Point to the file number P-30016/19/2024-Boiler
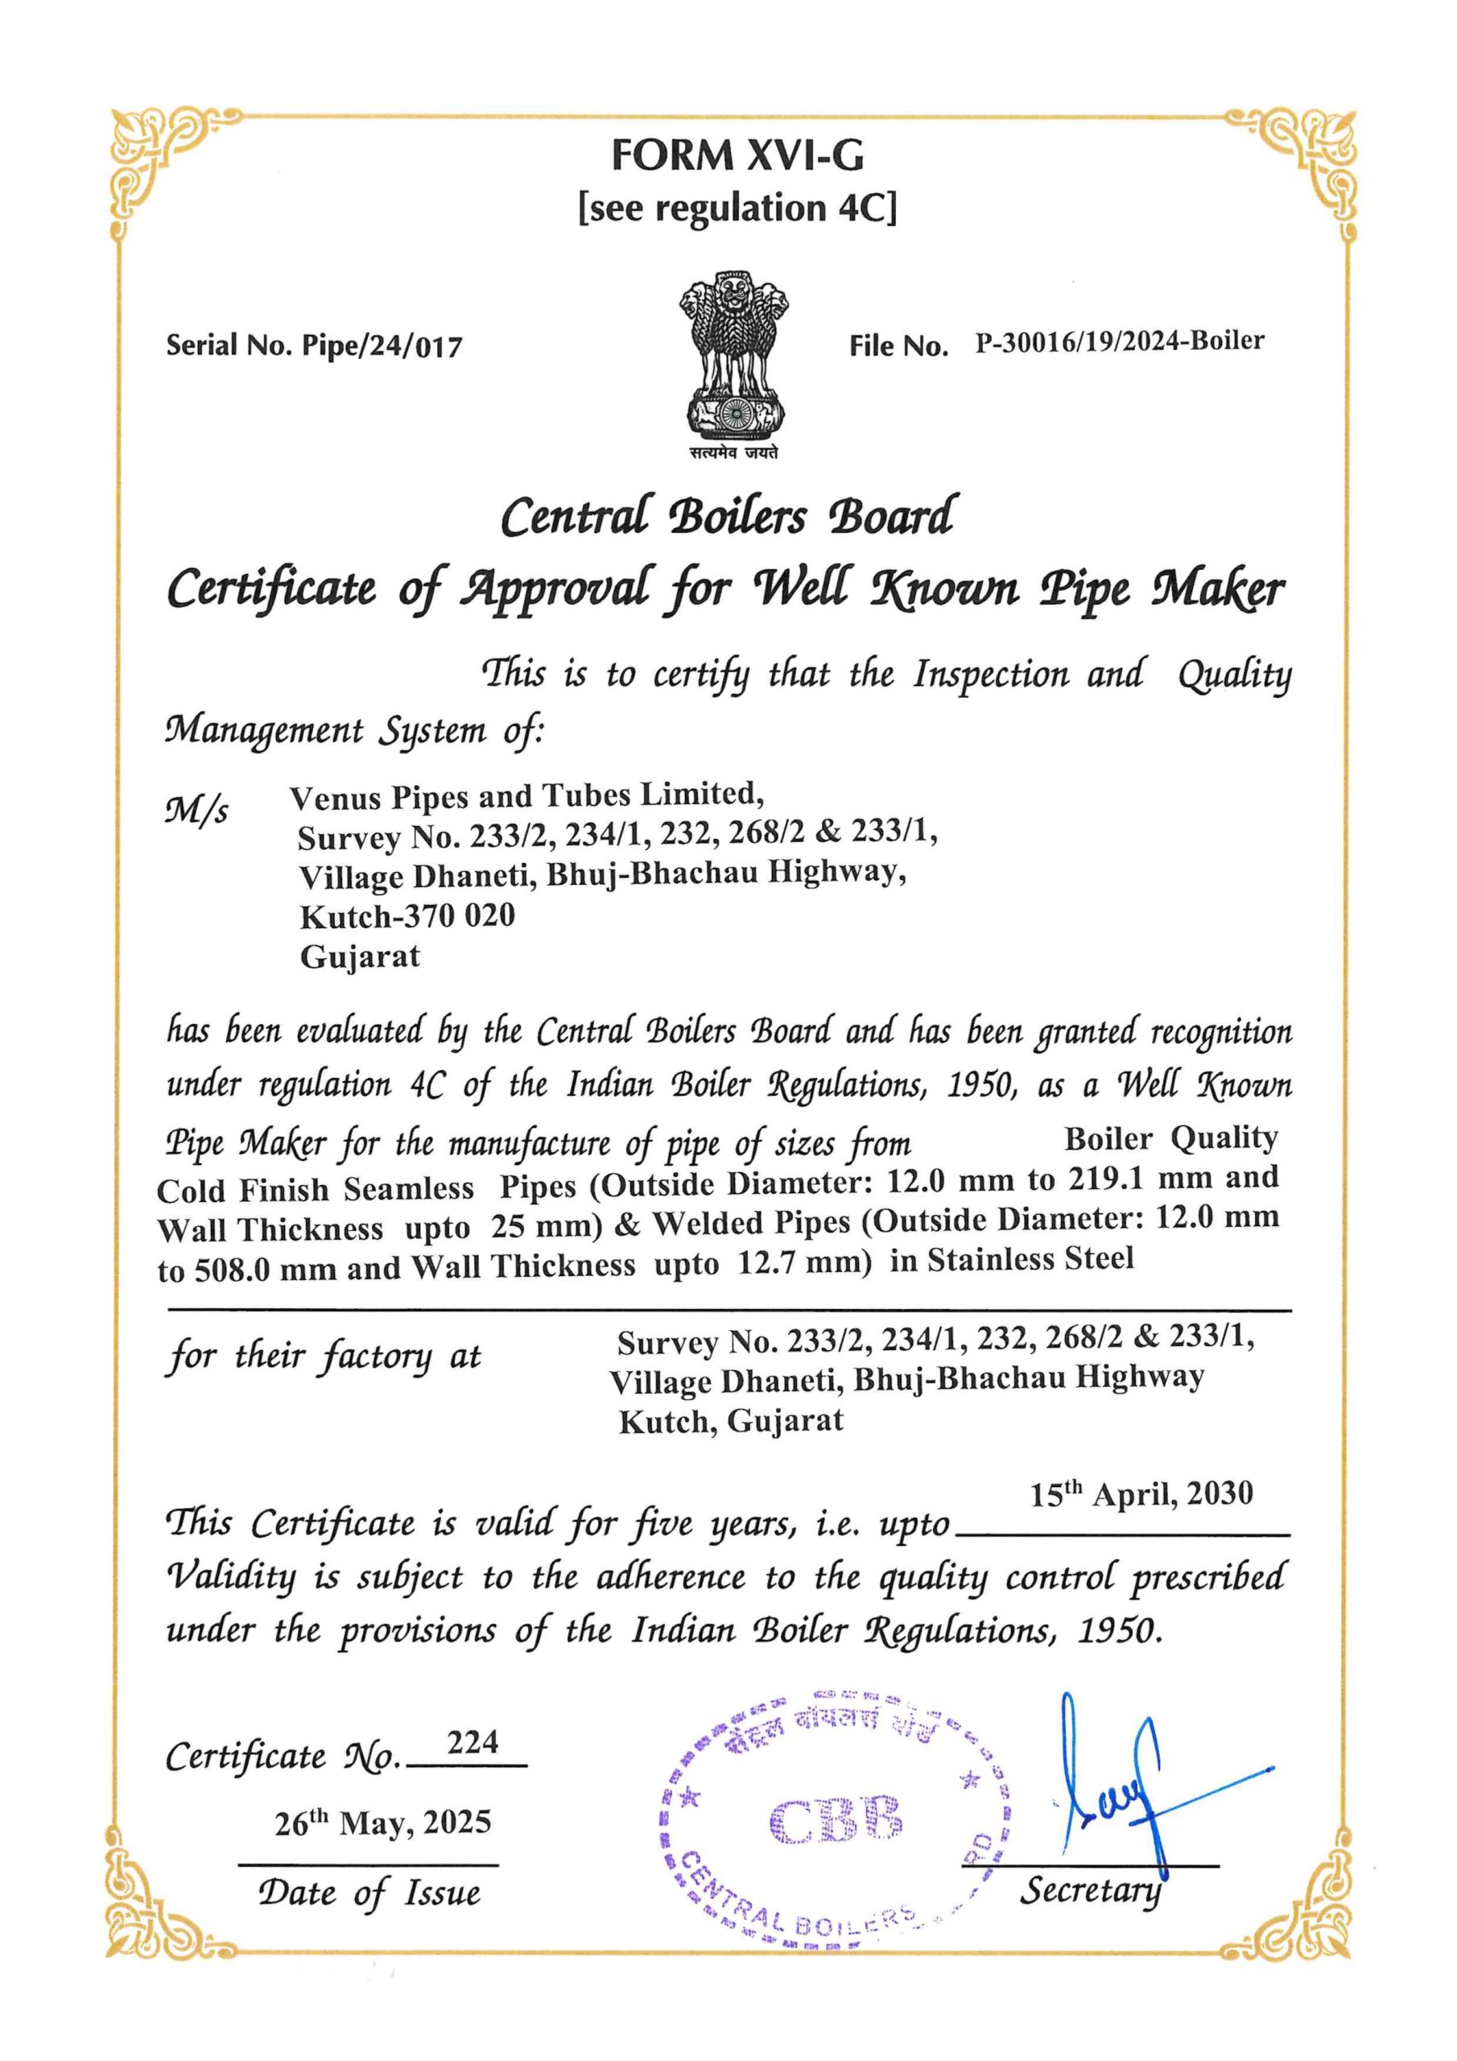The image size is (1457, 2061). pyautogui.click(x=1120, y=342)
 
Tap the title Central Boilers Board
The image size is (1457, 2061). pyautogui.click(x=726, y=516)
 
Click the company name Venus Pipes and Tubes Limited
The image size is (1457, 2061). pyautogui.click(x=527, y=795)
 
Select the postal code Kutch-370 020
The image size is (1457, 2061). pyautogui.click(x=407, y=916)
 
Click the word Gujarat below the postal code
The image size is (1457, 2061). pyautogui.click(x=359, y=957)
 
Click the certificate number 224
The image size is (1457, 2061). pyautogui.click(x=473, y=1742)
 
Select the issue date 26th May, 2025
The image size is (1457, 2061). pyautogui.click(x=383, y=1824)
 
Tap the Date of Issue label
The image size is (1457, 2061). pyautogui.click(x=368, y=1893)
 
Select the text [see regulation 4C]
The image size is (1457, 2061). pyautogui.click(x=737, y=209)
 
